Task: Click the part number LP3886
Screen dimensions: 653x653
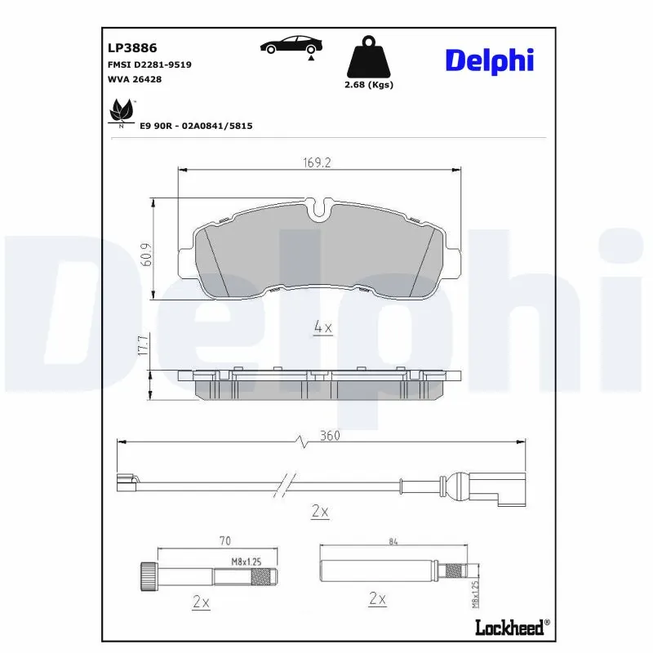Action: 126,48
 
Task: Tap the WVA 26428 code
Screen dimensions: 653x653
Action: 135,78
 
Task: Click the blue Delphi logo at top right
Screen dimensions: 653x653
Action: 489,60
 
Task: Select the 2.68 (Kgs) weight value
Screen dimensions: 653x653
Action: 369,85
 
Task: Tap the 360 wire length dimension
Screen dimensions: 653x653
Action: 329,436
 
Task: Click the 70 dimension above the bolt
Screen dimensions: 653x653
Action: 225,540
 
